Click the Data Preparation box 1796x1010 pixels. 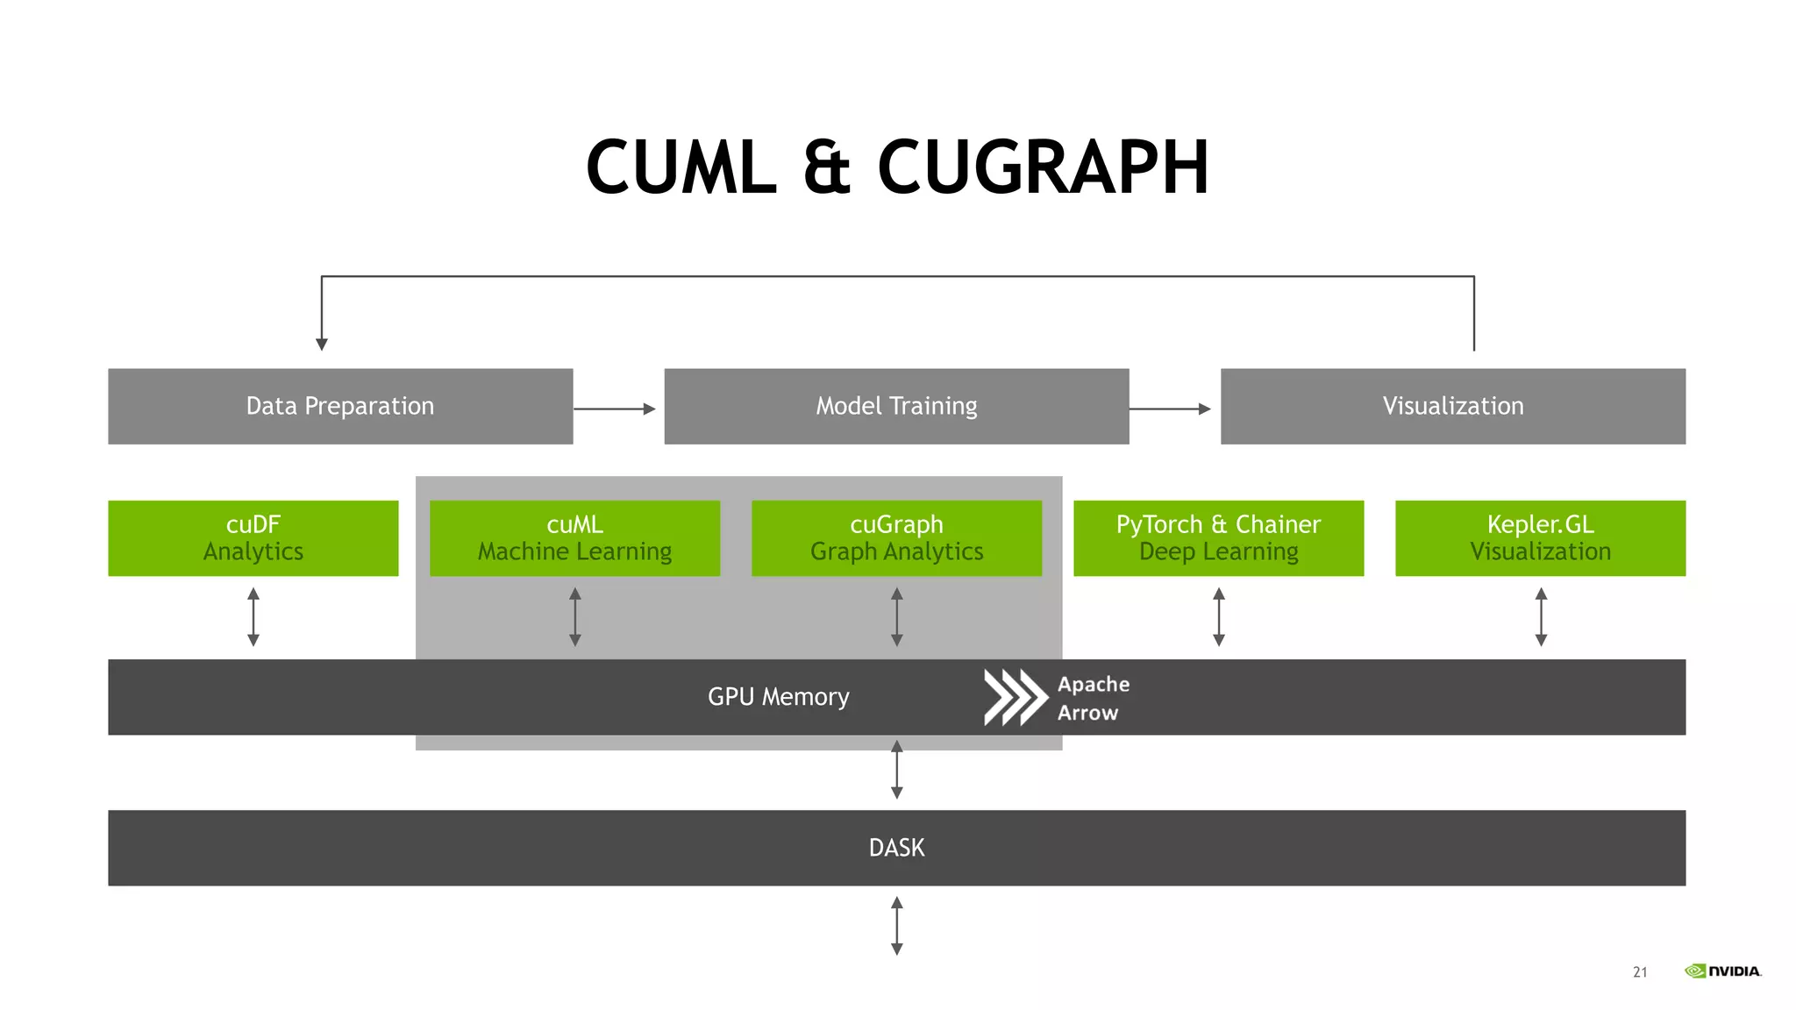tap(340, 406)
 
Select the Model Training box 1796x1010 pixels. tap(896, 406)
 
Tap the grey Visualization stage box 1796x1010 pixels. tap(1452, 406)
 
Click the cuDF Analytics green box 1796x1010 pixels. tap(253, 537)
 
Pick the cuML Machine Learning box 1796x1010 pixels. tap(574, 537)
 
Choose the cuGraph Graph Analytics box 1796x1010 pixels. tap(896, 537)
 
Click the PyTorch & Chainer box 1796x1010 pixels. tap(1218, 537)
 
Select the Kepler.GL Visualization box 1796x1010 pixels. tap(1540, 537)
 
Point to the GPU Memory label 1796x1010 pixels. tap(778, 697)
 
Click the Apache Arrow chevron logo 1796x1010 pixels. tap(1015, 697)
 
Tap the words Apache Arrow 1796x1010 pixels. tap(1092, 698)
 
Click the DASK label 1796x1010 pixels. tap(896, 848)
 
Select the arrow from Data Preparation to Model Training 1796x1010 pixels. tap(615, 409)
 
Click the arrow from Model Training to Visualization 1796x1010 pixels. tap(1170, 409)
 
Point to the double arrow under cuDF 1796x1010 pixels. tap(253, 617)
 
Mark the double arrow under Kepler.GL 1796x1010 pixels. tap(1541, 617)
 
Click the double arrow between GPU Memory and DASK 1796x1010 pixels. tap(896, 770)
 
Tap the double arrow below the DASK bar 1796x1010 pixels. tap(896, 925)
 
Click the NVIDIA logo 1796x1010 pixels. tap(1722, 971)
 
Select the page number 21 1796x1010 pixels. tap(1640, 972)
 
